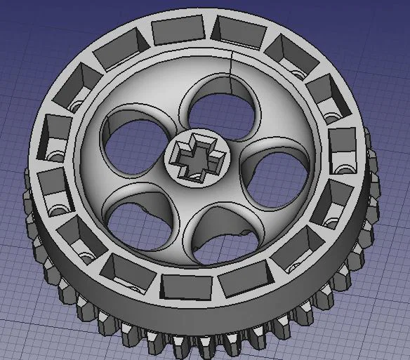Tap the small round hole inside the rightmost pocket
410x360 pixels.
point(345,169)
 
